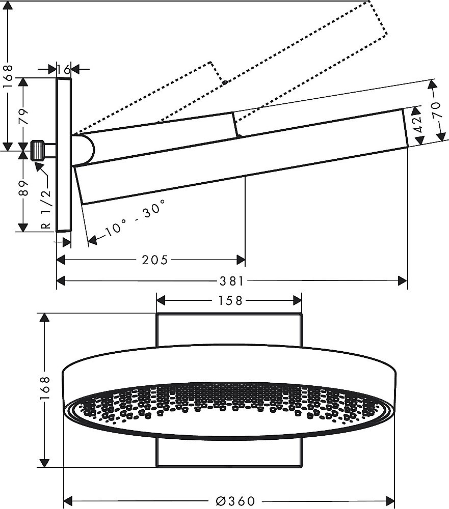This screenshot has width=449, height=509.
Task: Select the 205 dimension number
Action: (x=154, y=260)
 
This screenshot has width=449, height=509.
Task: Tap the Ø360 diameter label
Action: (x=235, y=500)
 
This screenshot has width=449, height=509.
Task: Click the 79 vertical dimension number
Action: (x=23, y=119)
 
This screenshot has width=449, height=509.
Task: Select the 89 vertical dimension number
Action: (x=23, y=190)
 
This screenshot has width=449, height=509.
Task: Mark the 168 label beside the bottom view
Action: (x=45, y=389)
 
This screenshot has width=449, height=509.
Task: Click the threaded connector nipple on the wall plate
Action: (x=41, y=151)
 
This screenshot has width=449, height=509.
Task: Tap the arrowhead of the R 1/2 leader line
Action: (x=37, y=163)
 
